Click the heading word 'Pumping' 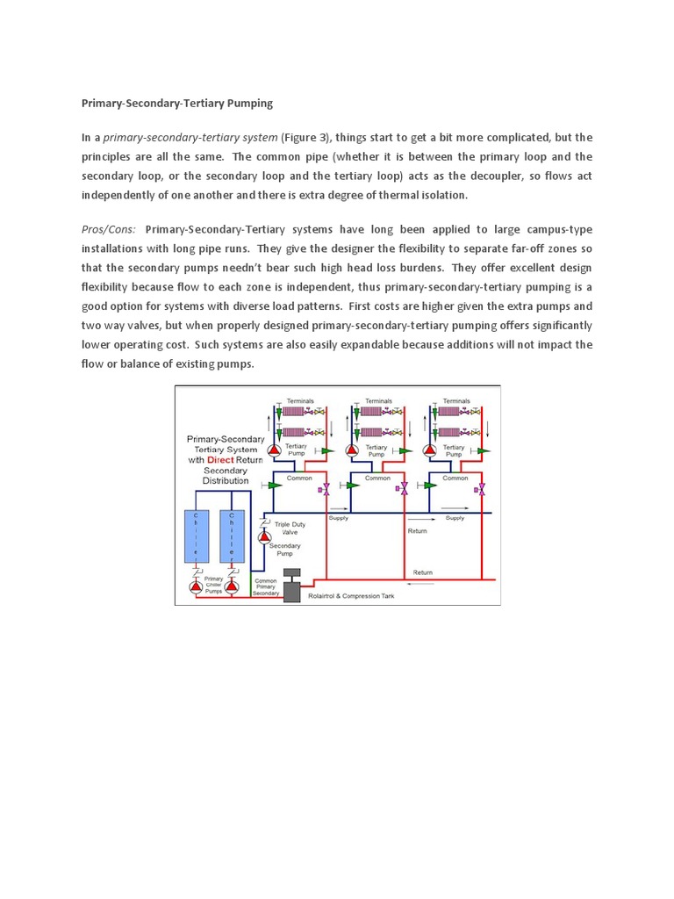tap(250, 104)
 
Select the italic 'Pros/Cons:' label tap(109, 229)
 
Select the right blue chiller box tap(233, 536)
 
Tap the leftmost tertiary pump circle tap(273, 450)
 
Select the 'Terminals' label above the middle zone tap(378, 400)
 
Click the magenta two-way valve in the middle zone tap(404, 488)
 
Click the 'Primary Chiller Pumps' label tap(214, 585)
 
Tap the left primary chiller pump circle tap(195, 586)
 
